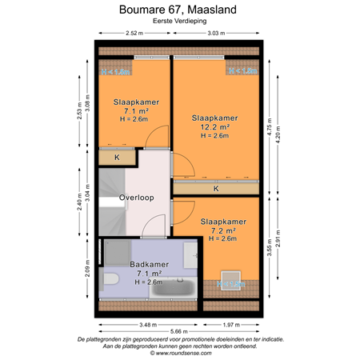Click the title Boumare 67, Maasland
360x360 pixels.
click(179, 10)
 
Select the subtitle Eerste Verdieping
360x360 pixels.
click(179, 23)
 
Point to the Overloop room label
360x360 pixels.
click(136, 197)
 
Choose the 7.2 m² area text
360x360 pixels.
click(222, 230)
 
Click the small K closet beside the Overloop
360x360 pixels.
click(117, 158)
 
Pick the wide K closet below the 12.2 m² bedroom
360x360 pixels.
click(216, 189)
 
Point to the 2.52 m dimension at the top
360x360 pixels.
click(134, 34)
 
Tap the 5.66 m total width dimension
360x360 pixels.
click(179, 331)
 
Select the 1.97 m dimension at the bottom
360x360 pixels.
click(230, 323)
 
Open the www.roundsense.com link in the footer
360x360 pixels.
click(179, 352)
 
